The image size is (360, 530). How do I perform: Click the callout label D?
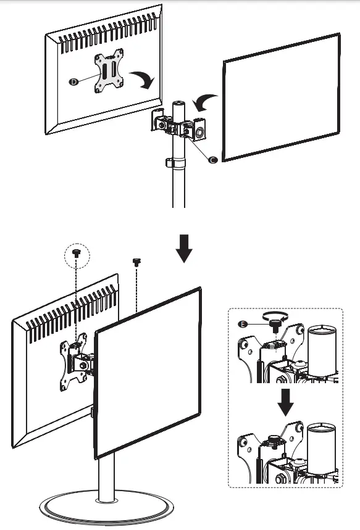click(x=74, y=81)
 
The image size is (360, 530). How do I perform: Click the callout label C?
click(x=213, y=160)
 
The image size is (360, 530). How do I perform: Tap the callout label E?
click(x=243, y=324)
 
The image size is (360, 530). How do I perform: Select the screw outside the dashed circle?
click(x=136, y=262)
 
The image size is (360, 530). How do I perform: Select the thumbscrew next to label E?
click(x=273, y=326)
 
